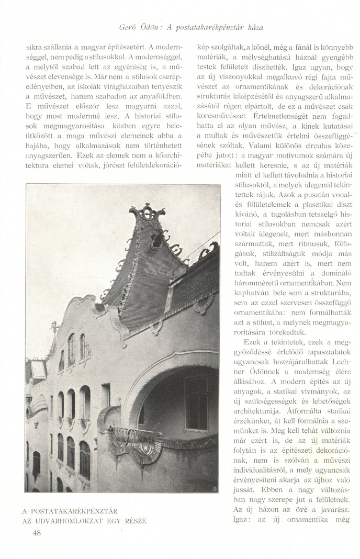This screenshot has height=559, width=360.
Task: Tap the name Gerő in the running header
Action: [x=127, y=26]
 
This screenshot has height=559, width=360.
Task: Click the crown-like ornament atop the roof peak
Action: [x=148, y=213]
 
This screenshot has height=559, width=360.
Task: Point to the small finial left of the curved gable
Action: [x=53, y=328]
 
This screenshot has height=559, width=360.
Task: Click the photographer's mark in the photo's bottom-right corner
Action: [x=215, y=488]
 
